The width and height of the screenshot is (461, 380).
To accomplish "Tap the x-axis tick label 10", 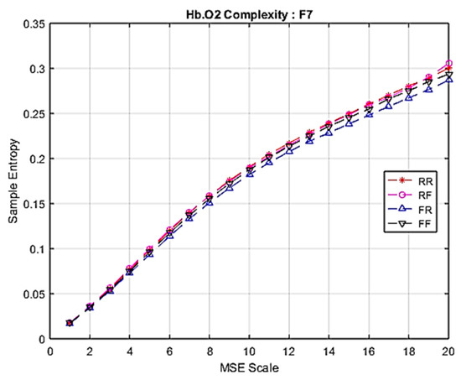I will [x=249, y=351].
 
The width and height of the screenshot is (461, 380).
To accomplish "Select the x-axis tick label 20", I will [x=448, y=351].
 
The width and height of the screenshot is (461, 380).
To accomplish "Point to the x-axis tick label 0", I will [x=49, y=351].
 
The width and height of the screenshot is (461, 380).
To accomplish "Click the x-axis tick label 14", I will [x=329, y=351].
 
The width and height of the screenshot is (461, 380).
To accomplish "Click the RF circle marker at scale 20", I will [x=448, y=64].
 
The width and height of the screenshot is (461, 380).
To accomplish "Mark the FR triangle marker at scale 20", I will [x=448, y=79].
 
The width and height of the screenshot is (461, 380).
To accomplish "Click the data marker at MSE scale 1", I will [x=70, y=323].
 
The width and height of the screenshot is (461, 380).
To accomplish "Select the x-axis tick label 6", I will [x=169, y=351].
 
